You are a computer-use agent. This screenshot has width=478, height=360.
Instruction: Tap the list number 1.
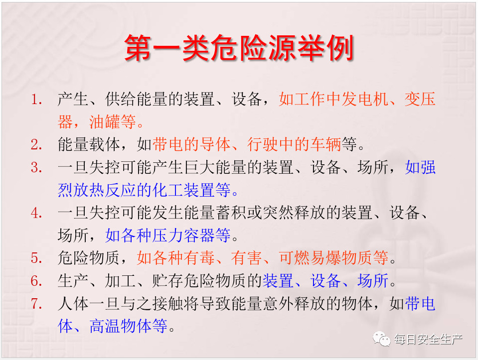coord(36,99)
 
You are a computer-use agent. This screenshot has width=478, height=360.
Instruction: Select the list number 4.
coord(36,213)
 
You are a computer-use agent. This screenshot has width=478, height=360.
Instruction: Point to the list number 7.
coord(36,303)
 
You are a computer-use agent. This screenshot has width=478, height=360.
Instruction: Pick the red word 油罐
coord(104,122)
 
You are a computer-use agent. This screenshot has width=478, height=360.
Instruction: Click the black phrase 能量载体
coord(89,144)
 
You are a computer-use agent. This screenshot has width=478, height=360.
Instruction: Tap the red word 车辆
coord(325,144)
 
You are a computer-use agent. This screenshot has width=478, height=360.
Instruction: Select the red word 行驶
coord(263,144)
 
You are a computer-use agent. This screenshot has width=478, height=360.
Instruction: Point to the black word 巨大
coord(200,167)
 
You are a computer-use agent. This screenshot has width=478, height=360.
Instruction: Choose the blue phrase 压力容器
coord(183,236)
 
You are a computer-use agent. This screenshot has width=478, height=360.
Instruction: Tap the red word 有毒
coord(199,258)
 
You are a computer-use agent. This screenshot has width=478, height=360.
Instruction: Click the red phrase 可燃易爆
coord(310,258)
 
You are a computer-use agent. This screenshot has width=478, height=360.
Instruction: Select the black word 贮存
coord(168,281)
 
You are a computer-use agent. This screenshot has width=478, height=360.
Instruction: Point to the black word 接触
coord(168,303)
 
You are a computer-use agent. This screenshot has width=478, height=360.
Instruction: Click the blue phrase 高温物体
coord(121,326)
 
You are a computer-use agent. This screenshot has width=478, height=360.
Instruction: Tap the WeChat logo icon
coord(381,339)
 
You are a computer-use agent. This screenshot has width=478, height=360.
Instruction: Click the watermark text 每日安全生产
coord(428,339)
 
